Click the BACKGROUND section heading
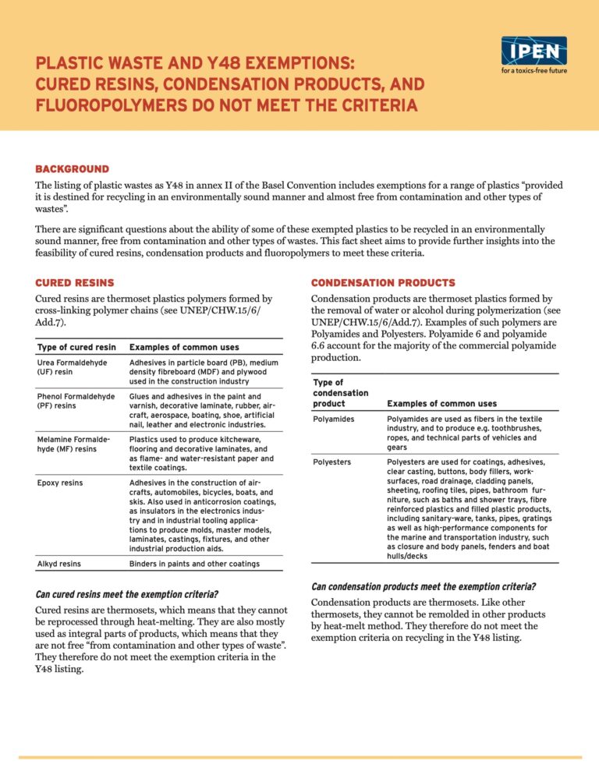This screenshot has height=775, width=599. click(x=73, y=168)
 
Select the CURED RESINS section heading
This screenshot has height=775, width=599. click(x=75, y=282)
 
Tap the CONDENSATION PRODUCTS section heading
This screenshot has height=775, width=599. click(x=383, y=282)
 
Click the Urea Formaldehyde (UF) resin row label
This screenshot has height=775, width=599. click(x=72, y=367)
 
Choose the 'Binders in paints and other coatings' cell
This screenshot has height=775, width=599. click(x=194, y=563)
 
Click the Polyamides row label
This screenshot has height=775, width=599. click(x=334, y=419)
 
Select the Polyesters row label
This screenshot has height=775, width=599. click(x=332, y=462)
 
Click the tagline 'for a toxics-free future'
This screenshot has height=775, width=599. click(x=533, y=71)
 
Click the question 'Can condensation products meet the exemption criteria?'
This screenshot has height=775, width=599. click(x=424, y=586)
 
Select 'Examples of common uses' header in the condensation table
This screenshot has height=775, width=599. click(x=441, y=404)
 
